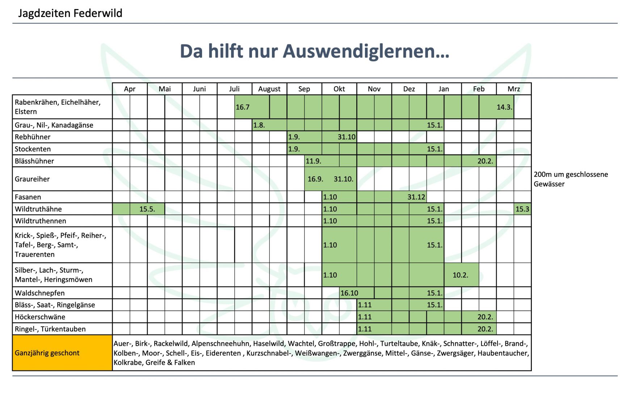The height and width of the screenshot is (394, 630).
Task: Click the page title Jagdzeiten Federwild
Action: [x=70, y=13]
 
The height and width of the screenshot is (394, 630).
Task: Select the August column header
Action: [x=269, y=89]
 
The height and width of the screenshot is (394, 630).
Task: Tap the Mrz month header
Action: [x=513, y=89]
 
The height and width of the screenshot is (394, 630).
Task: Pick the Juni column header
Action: [x=199, y=89]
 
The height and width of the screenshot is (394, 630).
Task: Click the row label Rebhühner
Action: [x=33, y=137]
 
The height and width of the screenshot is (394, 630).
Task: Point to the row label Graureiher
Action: [x=32, y=179]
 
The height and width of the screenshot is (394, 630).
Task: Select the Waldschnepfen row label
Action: [x=40, y=293]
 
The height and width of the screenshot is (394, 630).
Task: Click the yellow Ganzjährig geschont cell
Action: [x=47, y=353]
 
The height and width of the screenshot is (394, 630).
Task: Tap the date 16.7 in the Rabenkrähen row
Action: [x=243, y=107]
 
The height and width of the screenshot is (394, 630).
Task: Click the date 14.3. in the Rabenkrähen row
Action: [x=504, y=107]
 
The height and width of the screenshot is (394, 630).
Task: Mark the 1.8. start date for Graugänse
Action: [x=259, y=125]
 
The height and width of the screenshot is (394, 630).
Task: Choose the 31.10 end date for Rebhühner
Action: [x=346, y=137]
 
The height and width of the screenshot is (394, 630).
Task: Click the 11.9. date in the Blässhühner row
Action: [x=313, y=161]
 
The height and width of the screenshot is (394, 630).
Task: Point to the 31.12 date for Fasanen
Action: [x=416, y=197]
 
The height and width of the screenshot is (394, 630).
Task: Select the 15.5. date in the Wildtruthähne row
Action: [x=147, y=209]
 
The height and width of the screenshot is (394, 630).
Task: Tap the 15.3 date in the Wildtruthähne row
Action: [x=522, y=209]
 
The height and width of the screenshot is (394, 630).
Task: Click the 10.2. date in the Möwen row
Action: [x=460, y=275]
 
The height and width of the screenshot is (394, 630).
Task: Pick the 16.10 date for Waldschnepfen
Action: [x=349, y=293]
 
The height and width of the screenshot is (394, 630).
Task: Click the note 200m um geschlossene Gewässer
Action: [x=571, y=179]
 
